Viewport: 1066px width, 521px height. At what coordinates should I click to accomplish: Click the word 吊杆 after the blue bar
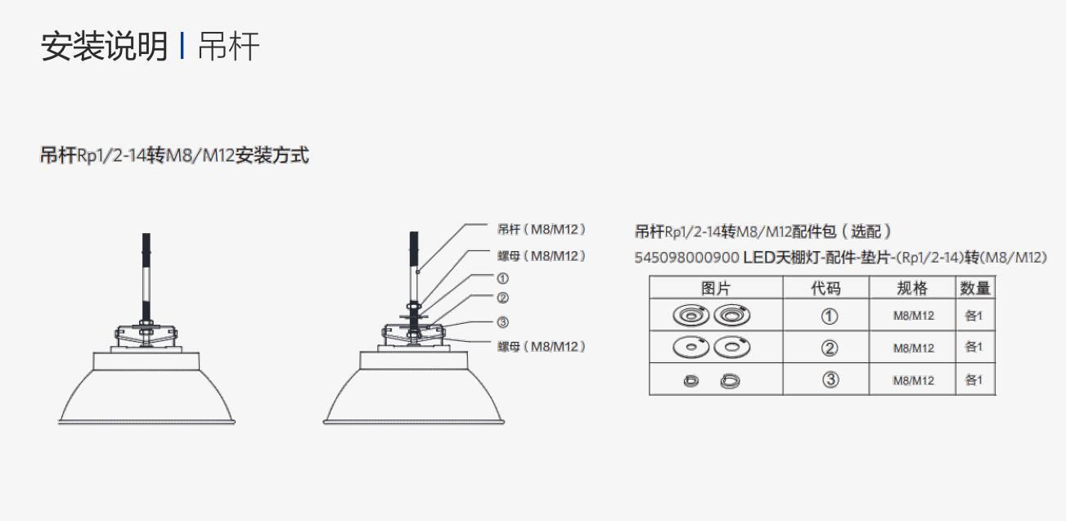pyautogui.click(x=228, y=47)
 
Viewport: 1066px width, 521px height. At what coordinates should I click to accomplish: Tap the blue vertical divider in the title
pyautogui.click(x=182, y=46)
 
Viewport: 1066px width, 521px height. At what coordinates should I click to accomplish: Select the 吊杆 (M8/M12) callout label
pyautogui.click(x=542, y=230)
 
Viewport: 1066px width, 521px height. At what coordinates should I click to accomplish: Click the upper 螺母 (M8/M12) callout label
pyautogui.click(x=542, y=256)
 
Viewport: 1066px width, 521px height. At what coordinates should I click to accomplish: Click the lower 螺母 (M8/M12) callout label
pyautogui.click(x=542, y=347)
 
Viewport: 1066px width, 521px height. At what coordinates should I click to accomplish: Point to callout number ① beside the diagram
pyautogui.click(x=503, y=279)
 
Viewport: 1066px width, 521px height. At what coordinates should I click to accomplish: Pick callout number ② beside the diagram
pyautogui.click(x=503, y=299)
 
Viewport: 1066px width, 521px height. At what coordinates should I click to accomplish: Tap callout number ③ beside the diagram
pyautogui.click(x=503, y=322)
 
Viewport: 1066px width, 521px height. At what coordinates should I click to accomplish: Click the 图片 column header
pyautogui.click(x=716, y=288)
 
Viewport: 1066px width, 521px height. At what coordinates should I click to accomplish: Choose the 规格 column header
pyautogui.click(x=912, y=288)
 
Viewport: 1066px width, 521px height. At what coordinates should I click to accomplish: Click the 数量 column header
pyautogui.click(x=974, y=288)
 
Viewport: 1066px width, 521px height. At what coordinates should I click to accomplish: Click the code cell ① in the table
pyautogui.click(x=830, y=316)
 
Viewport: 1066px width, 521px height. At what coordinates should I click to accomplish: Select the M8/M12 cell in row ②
pyautogui.click(x=913, y=348)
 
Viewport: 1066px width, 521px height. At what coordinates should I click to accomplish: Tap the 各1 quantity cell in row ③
pyautogui.click(x=974, y=380)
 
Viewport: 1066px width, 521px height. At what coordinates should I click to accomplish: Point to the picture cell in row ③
pyautogui.click(x=716, y=380)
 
